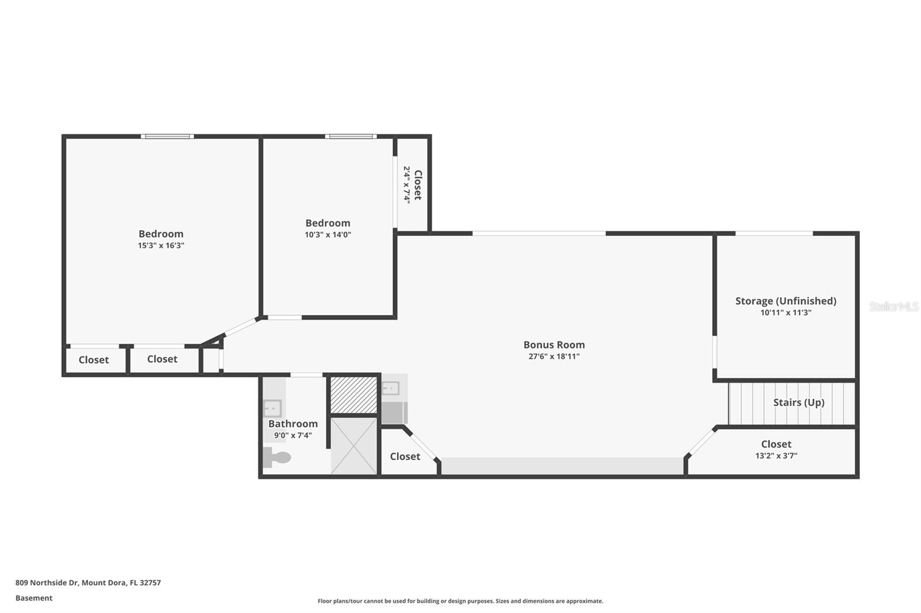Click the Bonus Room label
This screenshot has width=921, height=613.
(554, 344)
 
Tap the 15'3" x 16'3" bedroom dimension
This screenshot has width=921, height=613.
(161, 246)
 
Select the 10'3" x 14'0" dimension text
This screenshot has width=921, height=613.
(328, 235)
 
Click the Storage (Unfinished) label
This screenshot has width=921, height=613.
(786, 301)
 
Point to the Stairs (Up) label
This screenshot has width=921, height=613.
(799, 403)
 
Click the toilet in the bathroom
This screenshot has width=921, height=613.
(277, 457)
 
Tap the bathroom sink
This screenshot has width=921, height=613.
(272, 408)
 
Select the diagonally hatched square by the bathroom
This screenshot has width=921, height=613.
(354, 395)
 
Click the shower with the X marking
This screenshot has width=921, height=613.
(354, 446)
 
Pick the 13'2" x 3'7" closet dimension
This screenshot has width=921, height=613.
(777, 455)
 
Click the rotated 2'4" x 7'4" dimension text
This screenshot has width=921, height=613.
(406, 185)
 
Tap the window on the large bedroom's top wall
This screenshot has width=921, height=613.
(168, 136)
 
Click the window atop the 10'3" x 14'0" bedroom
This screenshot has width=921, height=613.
(351, 136)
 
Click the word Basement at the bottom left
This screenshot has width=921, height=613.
(34, 598)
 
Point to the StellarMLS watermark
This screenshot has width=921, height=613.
(894, 306)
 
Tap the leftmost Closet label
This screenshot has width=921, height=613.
(94, 360)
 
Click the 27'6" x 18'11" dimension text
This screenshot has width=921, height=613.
(554, 356)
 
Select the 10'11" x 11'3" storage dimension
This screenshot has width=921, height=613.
(786, 313)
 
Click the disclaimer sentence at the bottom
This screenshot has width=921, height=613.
(461, 601)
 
